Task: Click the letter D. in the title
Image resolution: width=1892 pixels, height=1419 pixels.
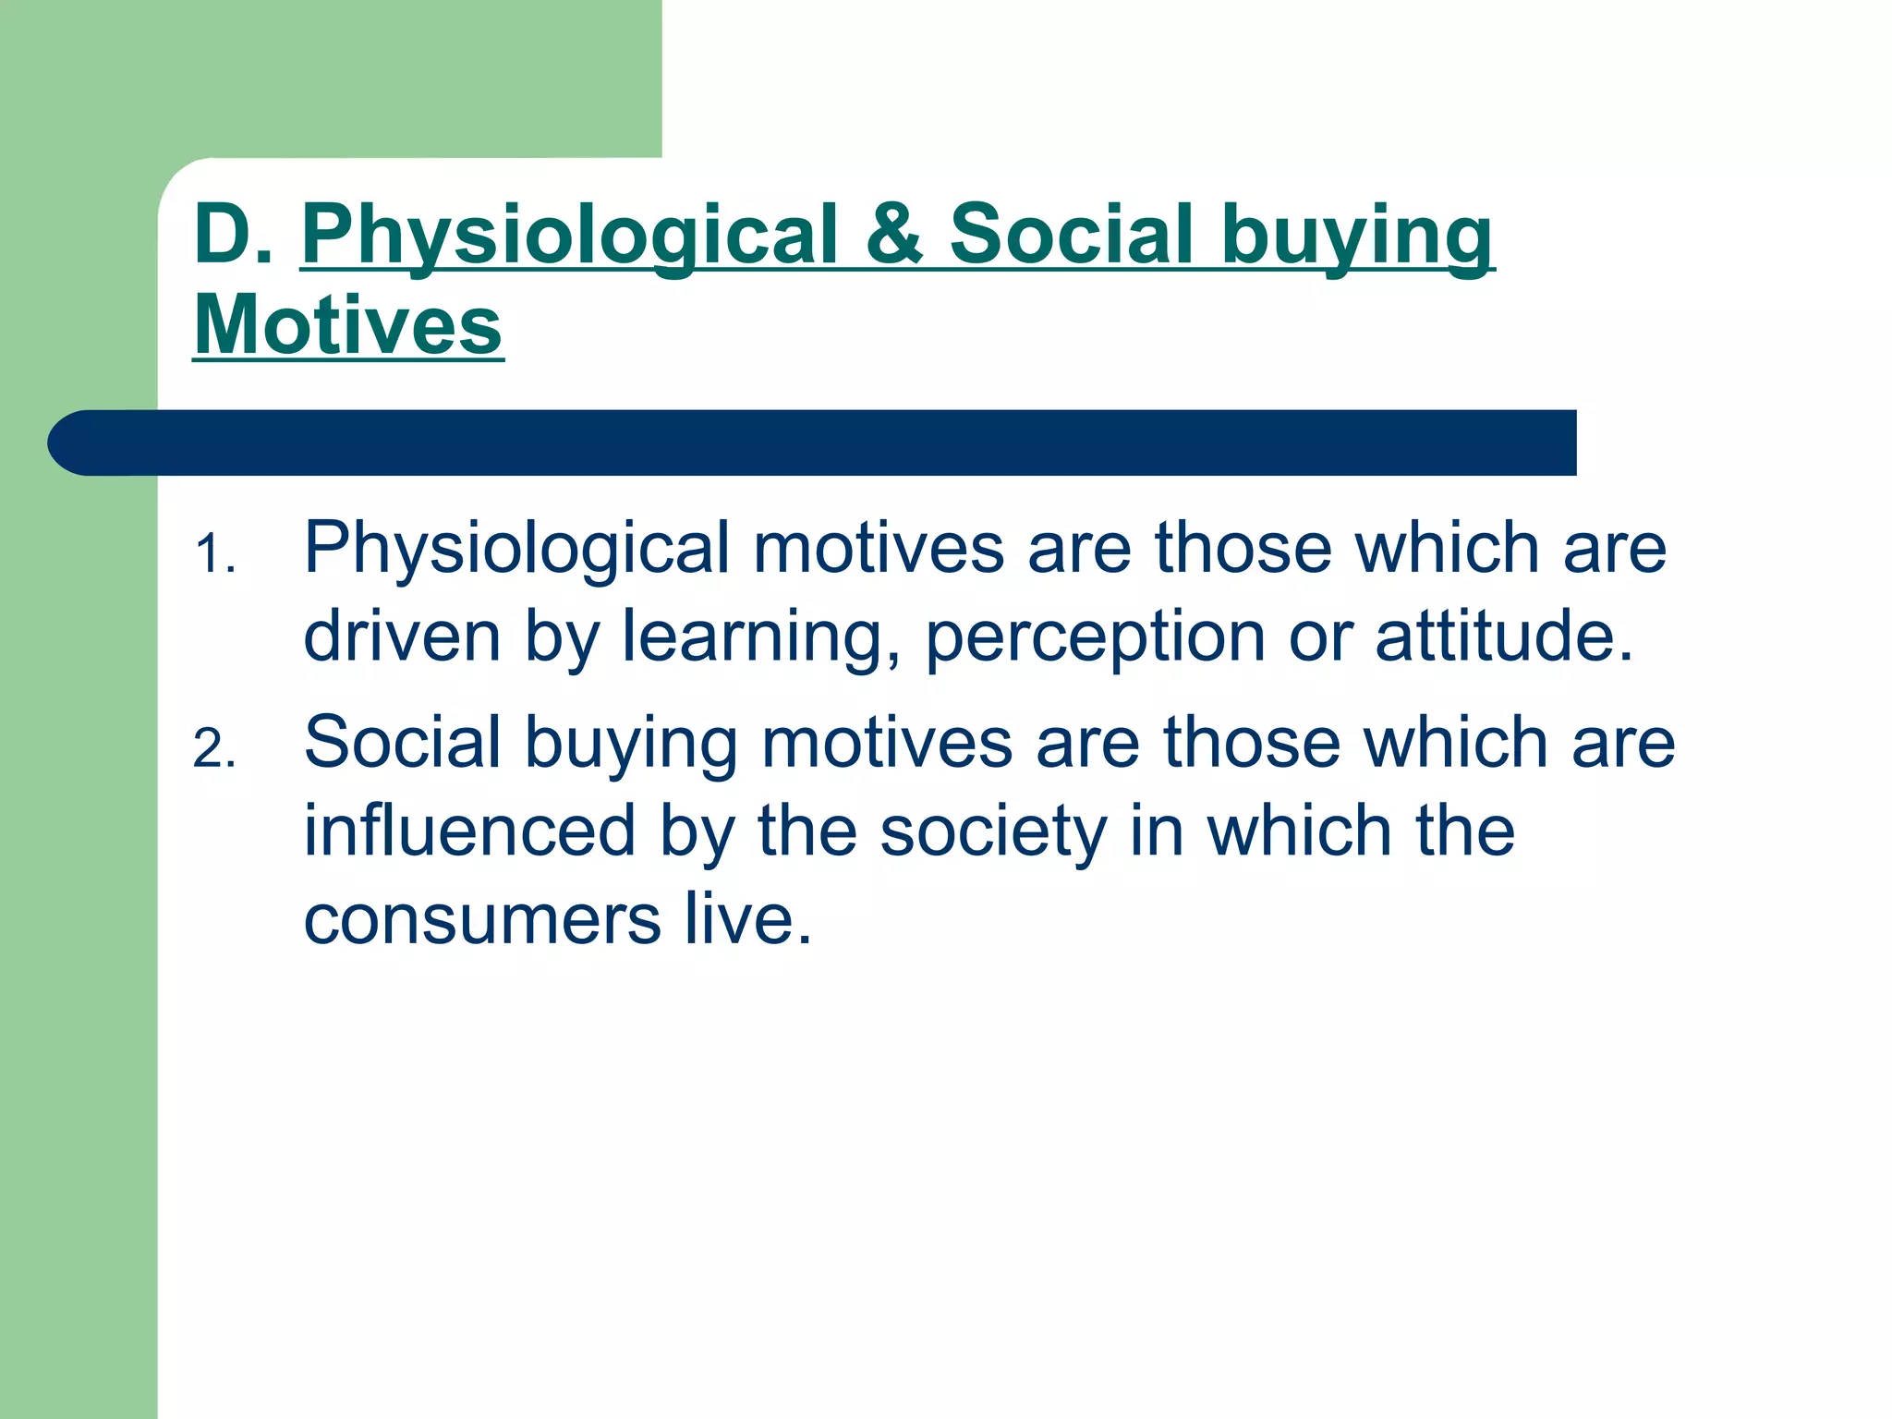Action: click(x=233, y=235)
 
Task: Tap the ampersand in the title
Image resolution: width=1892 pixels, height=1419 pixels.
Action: click(x=893, y=235)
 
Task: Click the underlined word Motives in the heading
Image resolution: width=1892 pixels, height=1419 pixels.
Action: click(x=348, y=325)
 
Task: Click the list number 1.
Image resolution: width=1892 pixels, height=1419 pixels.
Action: click(x=214, y=556)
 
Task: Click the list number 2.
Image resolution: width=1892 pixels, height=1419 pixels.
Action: click(x=214, y=748)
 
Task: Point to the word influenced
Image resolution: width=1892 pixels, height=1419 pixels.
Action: click(x=469, y=830)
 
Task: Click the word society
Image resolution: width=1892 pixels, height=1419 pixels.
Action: click(x=993, y=831)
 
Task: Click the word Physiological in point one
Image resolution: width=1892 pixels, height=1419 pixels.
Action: click(x=517, y=550)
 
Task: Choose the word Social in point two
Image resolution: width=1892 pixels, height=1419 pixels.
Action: click(x=402, y=742)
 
